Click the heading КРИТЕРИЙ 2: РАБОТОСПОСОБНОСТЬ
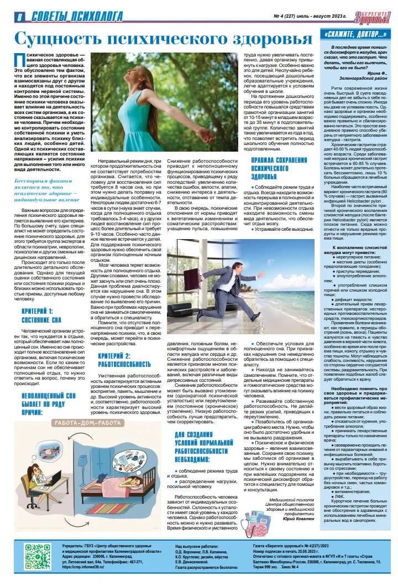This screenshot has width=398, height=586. [123, 360]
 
